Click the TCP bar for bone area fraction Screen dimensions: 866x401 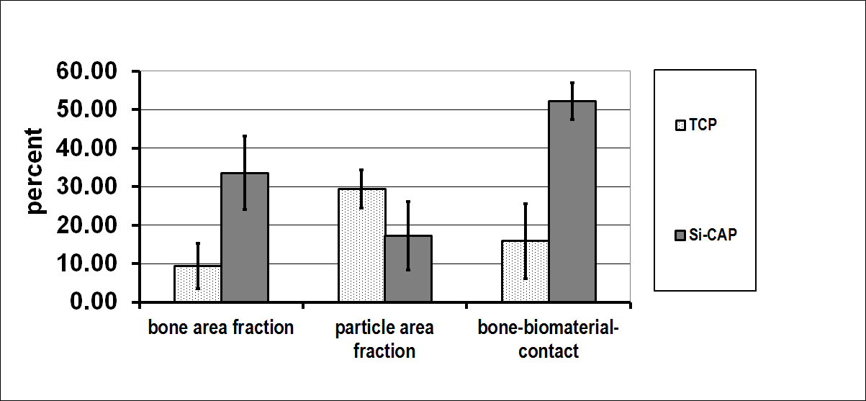[x=197, y=284]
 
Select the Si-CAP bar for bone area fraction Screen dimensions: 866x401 [x=245, y=237]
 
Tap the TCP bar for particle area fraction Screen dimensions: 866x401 [x=362, y=245]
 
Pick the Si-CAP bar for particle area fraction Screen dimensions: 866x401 [x=408, y=269]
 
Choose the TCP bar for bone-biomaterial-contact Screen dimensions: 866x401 [x=526, y=271]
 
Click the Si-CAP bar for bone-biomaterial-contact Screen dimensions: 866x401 [x=572, y=201]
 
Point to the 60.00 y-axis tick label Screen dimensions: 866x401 [x=86, y=71]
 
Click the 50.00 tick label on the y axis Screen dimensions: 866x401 [x=86, y=109]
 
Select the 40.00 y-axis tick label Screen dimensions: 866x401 [x=86, y=148]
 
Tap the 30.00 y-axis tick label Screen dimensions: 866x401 [x=86, y=186]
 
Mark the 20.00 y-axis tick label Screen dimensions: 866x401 [x=86, y=225]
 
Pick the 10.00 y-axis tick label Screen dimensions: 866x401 [x=86, y=263]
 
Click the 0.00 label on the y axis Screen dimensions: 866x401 [x=93, y=301]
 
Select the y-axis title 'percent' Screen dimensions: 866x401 [x=35, y=171]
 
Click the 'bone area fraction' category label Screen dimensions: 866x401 [x=221, y=328]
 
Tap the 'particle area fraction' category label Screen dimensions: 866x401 [x=384, y=340]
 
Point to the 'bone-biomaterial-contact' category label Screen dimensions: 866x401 [x=549, y=340]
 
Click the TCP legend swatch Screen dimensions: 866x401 [x=680, y=125]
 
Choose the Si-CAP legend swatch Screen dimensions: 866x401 [x=680, y=235]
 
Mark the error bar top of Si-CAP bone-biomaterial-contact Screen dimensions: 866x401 [x=572, y=82]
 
